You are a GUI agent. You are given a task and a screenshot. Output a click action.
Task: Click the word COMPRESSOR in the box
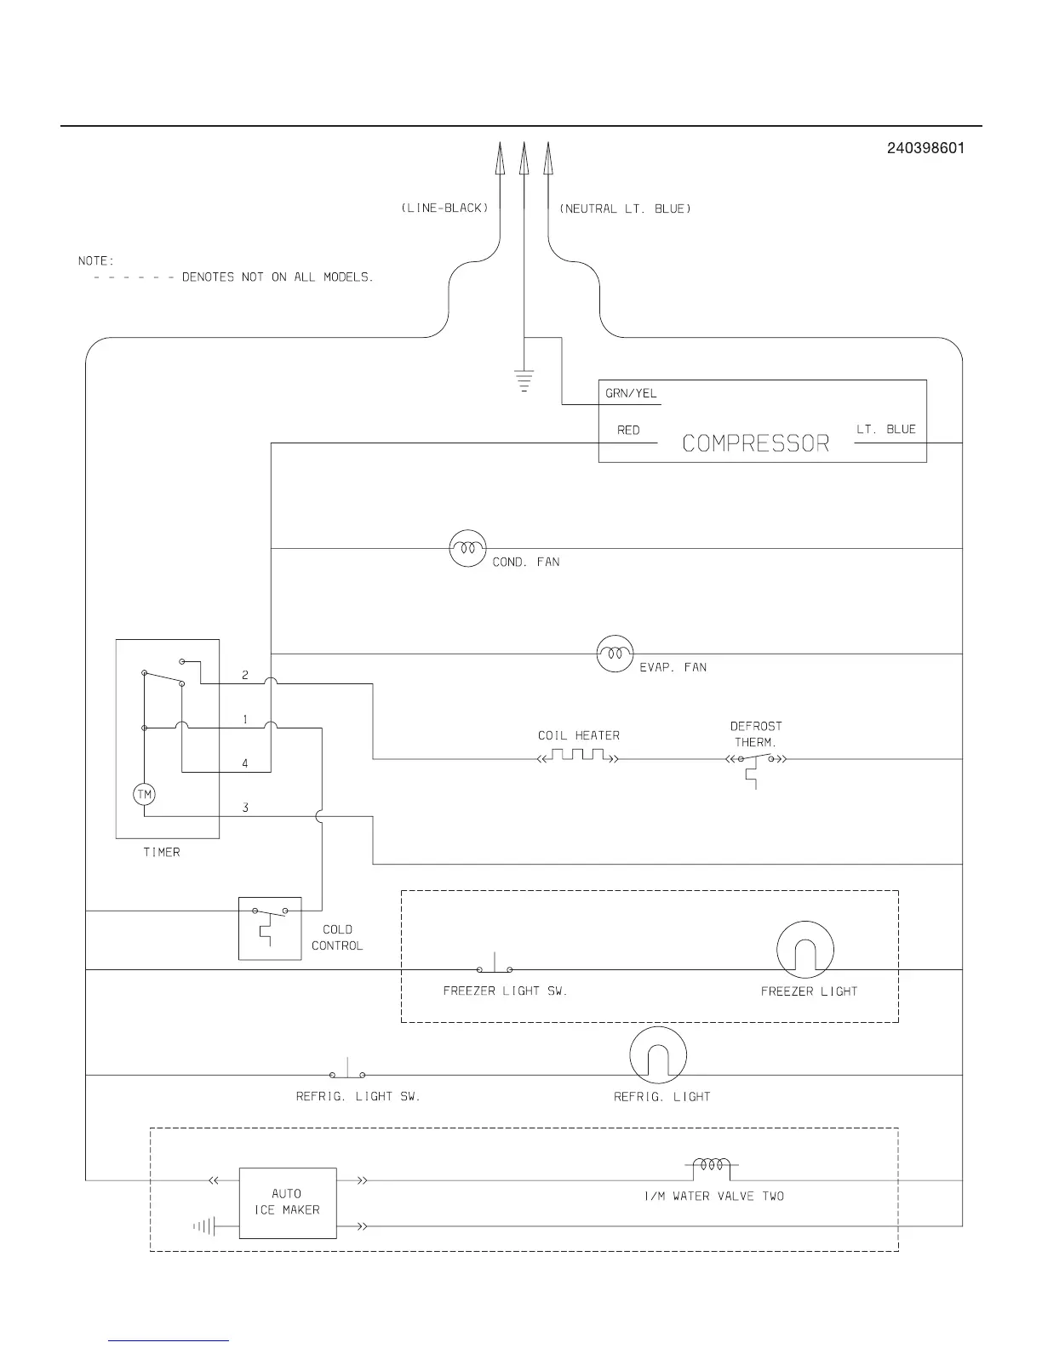755,443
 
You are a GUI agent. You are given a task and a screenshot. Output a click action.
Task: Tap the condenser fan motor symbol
467,549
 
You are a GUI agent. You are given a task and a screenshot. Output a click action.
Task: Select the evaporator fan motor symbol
615,654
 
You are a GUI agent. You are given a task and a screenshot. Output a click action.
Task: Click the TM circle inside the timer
145,795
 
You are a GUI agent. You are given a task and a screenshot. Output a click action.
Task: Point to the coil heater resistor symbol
578,756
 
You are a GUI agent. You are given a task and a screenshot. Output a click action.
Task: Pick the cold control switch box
270,928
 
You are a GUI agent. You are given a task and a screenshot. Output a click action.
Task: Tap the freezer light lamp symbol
804,950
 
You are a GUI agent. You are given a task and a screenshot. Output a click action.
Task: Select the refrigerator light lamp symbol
657,1055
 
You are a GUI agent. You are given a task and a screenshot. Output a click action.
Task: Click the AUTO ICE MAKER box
288,1202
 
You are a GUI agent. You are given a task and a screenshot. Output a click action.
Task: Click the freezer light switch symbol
495,967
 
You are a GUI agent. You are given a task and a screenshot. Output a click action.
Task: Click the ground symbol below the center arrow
524,380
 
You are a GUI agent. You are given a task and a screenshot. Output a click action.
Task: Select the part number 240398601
925,148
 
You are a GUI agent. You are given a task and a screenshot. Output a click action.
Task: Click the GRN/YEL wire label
631,394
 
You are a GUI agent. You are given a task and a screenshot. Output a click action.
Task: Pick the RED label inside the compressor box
628,431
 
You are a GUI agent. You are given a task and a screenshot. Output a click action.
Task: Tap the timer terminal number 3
245,807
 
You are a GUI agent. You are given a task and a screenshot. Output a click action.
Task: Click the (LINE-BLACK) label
444,208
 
